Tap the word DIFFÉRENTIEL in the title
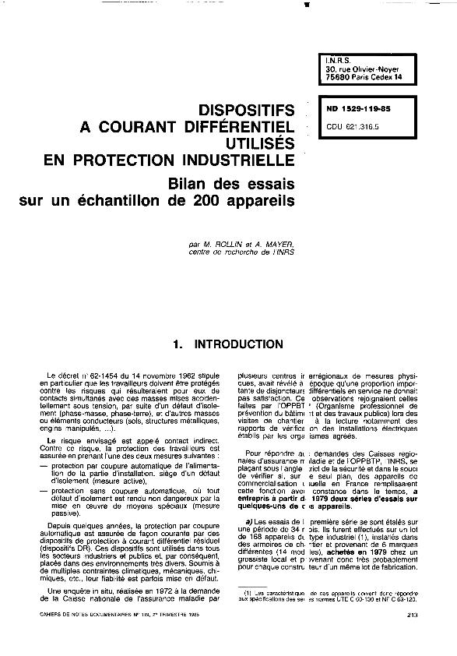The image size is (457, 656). pos(234,127)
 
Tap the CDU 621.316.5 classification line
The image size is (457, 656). pos(353,124)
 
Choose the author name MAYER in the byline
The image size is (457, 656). pos(275,245)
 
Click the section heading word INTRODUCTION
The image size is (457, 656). pos(238,344)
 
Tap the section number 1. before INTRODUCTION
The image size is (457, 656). pos(179,344)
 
